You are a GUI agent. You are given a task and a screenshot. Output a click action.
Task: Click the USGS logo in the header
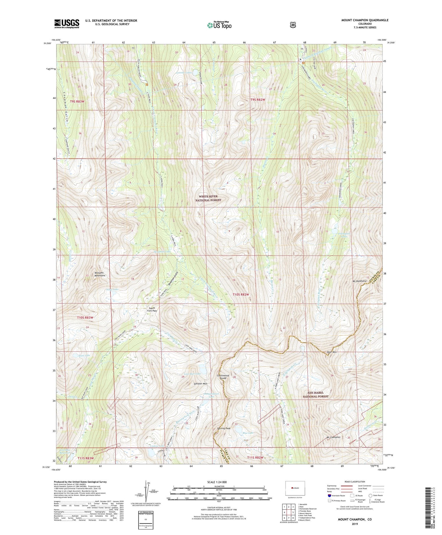pyautogui.click(x=67, y=23)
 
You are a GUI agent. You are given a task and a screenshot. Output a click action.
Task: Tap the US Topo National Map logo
pyautogui.click(x=219, y=25)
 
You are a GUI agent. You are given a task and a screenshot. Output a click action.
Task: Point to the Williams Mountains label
pyautogui.click(x=100, y=274)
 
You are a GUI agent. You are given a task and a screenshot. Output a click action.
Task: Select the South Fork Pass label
pyautogui.click(x=152, y=309)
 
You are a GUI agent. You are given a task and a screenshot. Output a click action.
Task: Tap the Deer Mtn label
pyautogui.click(x=332, y=352)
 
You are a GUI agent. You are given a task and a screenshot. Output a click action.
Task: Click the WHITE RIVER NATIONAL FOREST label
pyautogui.click(x=208, y=198)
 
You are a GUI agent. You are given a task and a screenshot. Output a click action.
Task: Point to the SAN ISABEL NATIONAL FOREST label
pyautogui.click(x=316, y=395)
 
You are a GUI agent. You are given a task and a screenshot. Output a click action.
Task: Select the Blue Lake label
pyautogui.click(x=248, y=433)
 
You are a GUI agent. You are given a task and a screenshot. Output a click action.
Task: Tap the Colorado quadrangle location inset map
pyautogui.click(x=295, y=488)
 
